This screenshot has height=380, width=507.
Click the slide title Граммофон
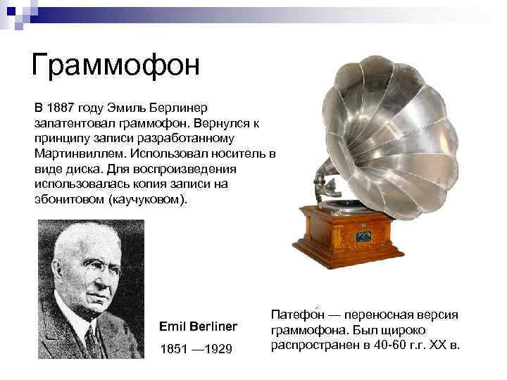(x=116, y=65)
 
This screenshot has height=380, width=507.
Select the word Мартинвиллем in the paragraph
(x=75, y=153)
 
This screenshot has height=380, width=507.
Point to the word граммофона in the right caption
(x=306, y=329)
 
